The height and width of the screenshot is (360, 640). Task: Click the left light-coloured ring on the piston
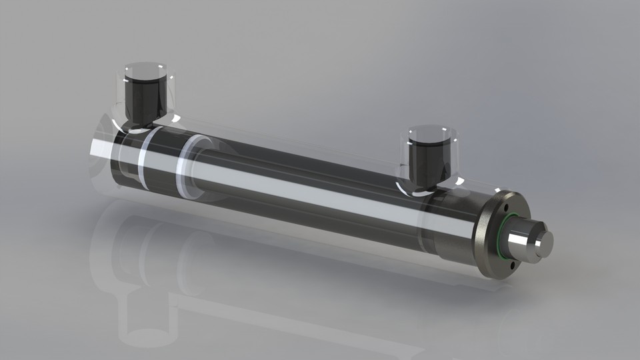tap(143, 160)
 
